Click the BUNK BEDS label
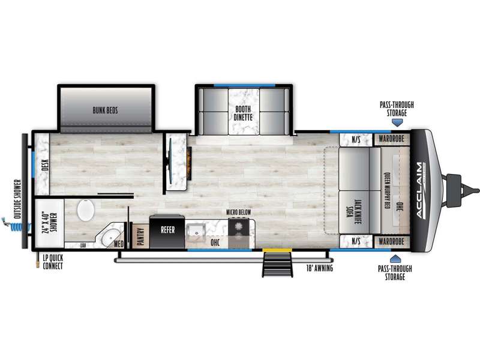(x=106, y=110)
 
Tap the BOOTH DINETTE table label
(x=243, y=113)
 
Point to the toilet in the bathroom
(x=86, y=210)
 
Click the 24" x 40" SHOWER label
(x=49, y=223)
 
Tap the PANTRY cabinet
(x=140, y=236)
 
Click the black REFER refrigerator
(x=167, y=232)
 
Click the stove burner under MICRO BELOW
(x=238, y=227)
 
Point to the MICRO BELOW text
(x=238, y=212)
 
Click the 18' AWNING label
(x=320, y=268)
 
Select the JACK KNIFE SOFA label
(x=353, y=212)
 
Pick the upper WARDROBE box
(x=392, y=139)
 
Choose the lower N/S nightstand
(x=356, y=241)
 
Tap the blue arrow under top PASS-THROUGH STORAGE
(x=397, y=123)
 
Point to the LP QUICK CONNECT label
(x=53, y=262)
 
